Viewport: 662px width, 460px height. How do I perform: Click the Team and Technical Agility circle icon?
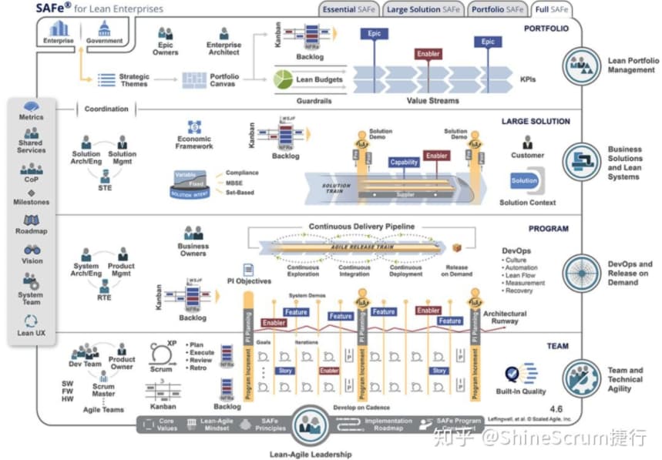pos(582,378)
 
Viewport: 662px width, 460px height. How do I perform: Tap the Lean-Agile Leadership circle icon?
pos(311,425)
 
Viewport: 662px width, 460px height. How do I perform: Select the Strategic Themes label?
pos(134,80)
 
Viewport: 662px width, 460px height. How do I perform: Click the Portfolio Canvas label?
pos(224,80)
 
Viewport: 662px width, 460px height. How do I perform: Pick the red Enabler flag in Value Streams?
pos(428,54)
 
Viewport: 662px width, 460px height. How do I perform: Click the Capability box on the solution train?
pos(404,162)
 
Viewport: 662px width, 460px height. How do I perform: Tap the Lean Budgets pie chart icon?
pos(285,79)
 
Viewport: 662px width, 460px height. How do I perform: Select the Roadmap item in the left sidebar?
pos(32,230)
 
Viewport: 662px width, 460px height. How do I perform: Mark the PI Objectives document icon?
pos(248,270)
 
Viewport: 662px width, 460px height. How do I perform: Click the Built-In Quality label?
pos(521,391)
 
